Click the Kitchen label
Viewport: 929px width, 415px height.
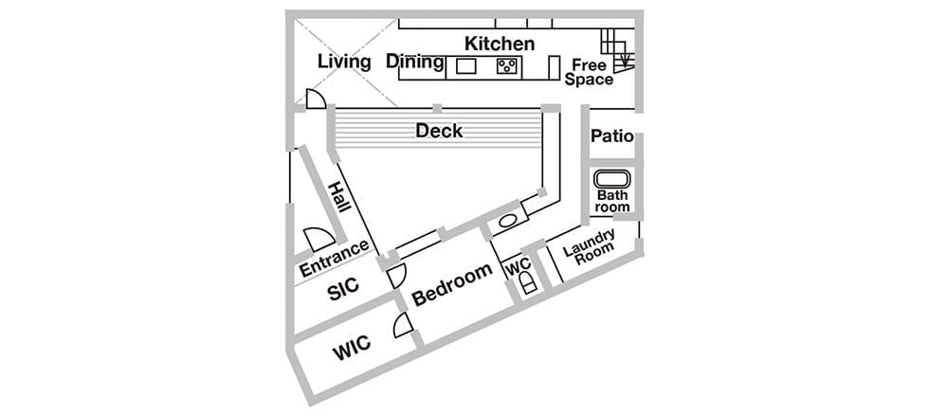[500, 44]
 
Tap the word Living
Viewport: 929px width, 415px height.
[344, 62]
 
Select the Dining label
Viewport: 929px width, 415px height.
[415, 62]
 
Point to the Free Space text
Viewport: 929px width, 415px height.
[589, 72]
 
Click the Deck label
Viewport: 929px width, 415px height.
[439, 130]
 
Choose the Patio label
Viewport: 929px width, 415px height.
[612, 136]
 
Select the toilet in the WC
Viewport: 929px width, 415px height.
[529, 283]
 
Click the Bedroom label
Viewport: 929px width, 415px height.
[452, 284]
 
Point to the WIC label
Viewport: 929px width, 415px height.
[352, 348]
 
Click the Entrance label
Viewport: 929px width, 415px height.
[334, 260]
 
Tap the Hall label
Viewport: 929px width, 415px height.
[339, 196]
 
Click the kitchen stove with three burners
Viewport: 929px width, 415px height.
[508, 65]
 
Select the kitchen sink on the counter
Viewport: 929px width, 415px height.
[465, 65]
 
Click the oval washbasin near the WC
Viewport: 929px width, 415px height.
[507, 222]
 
